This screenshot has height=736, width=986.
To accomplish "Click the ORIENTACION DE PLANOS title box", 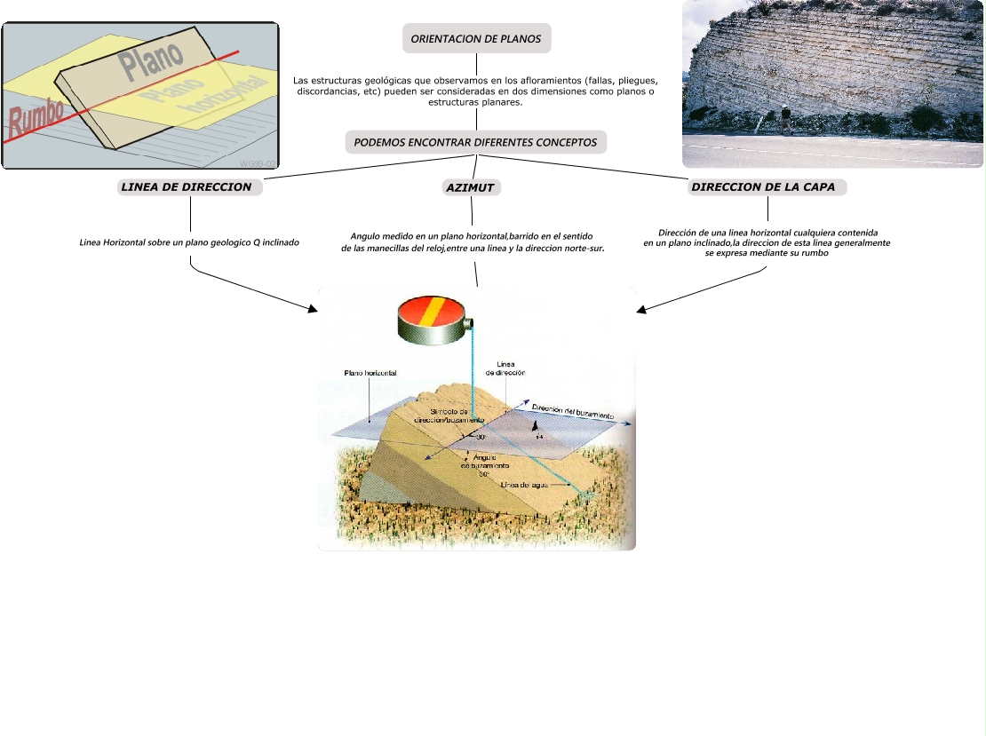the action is [476, 39].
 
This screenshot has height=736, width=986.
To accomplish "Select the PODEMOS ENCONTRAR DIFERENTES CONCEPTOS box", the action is [475, 142].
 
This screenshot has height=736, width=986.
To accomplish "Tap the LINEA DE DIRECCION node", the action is [190, 187].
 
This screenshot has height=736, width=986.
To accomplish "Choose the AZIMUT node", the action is [470, 187].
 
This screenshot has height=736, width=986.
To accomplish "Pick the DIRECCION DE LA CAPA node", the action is [767, 187].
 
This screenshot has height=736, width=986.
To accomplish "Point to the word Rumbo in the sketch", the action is [36, 116].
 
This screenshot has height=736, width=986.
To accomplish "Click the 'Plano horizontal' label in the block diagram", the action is [370, 373].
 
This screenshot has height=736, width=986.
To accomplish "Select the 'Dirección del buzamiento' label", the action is [572, 412].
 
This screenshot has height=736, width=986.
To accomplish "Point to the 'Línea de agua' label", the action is [529, 486].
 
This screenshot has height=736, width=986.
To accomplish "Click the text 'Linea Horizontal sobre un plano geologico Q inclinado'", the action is [189, 241].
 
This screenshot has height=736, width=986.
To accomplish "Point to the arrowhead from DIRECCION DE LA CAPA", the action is [640, 310].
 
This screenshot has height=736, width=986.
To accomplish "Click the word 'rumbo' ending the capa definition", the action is [814, 253].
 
